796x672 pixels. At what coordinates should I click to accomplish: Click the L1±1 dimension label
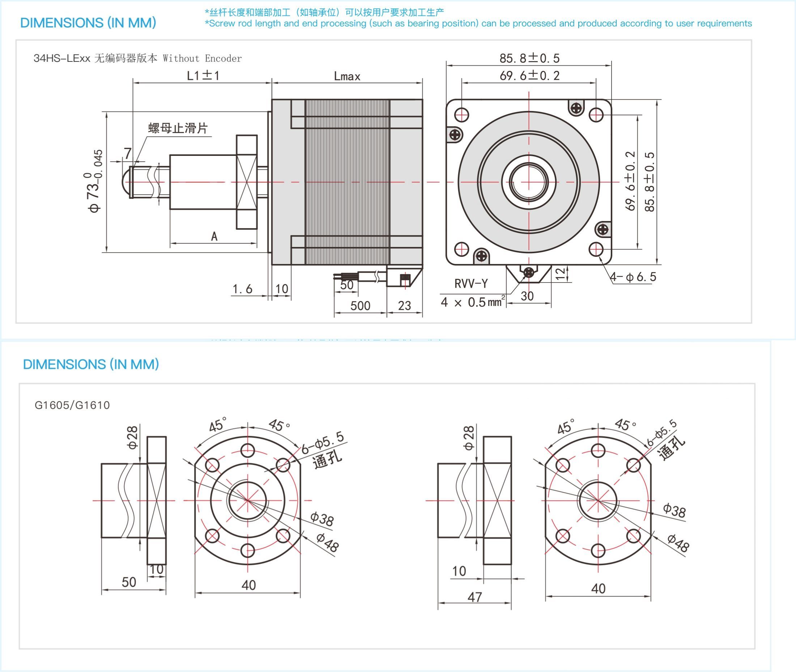[203, 76]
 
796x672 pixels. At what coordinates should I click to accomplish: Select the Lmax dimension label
[347, 76]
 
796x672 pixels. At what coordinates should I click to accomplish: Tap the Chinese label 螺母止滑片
[178, 128]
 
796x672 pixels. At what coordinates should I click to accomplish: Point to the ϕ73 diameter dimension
[94, 181]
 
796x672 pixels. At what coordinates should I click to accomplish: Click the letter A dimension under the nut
[214, 237]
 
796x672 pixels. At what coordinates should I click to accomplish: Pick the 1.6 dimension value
[243, 289]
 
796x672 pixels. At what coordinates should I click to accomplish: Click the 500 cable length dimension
[360, 306]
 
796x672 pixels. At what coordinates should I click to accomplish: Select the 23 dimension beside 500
[404, 306]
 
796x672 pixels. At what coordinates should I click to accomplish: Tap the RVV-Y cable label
[471, 284]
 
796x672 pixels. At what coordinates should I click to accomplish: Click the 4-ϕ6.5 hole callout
[633, 277]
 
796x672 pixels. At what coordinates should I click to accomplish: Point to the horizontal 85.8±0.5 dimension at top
[529, 58]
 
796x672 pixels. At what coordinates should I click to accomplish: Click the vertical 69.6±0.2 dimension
[631, 181]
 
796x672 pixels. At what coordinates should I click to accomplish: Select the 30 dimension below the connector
[527, 296]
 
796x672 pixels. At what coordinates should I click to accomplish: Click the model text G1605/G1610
[72, 405]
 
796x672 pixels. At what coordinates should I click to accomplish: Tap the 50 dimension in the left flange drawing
[129, 582]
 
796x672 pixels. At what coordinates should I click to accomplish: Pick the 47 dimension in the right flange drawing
[474, 597]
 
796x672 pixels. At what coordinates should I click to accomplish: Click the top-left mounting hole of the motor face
[461, 115]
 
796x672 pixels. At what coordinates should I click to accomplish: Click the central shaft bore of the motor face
[529, 182]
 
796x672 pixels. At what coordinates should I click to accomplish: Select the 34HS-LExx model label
[62, 58]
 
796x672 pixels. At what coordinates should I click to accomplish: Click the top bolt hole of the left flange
[248, 450]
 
